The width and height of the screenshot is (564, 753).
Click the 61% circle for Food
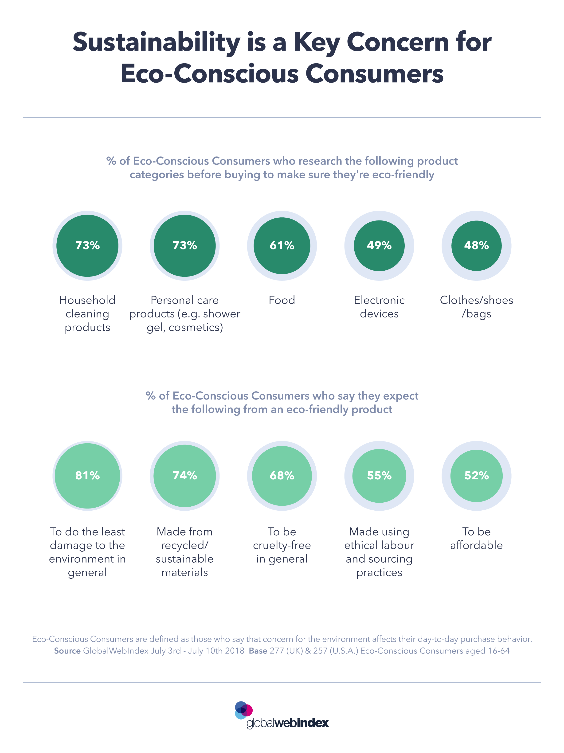coord(282,246)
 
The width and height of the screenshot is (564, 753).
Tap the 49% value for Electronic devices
coord(379,245)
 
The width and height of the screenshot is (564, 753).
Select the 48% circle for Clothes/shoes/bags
coord(476,245)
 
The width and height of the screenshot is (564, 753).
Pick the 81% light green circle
coord(87,476)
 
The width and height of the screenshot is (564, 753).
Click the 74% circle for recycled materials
coord(185,476)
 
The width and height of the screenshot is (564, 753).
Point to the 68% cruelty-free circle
coord(282,476)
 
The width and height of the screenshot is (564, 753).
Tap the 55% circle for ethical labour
coord(379,476)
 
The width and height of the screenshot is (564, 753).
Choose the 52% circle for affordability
coord(476,476)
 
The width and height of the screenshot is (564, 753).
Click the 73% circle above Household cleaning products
coord(87,246)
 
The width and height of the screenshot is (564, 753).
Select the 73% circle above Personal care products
coord(185,246)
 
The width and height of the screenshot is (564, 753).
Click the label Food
coord(282,300)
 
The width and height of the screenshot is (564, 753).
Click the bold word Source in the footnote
coord(67,651)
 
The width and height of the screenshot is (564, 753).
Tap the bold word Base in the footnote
coord(258,651)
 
